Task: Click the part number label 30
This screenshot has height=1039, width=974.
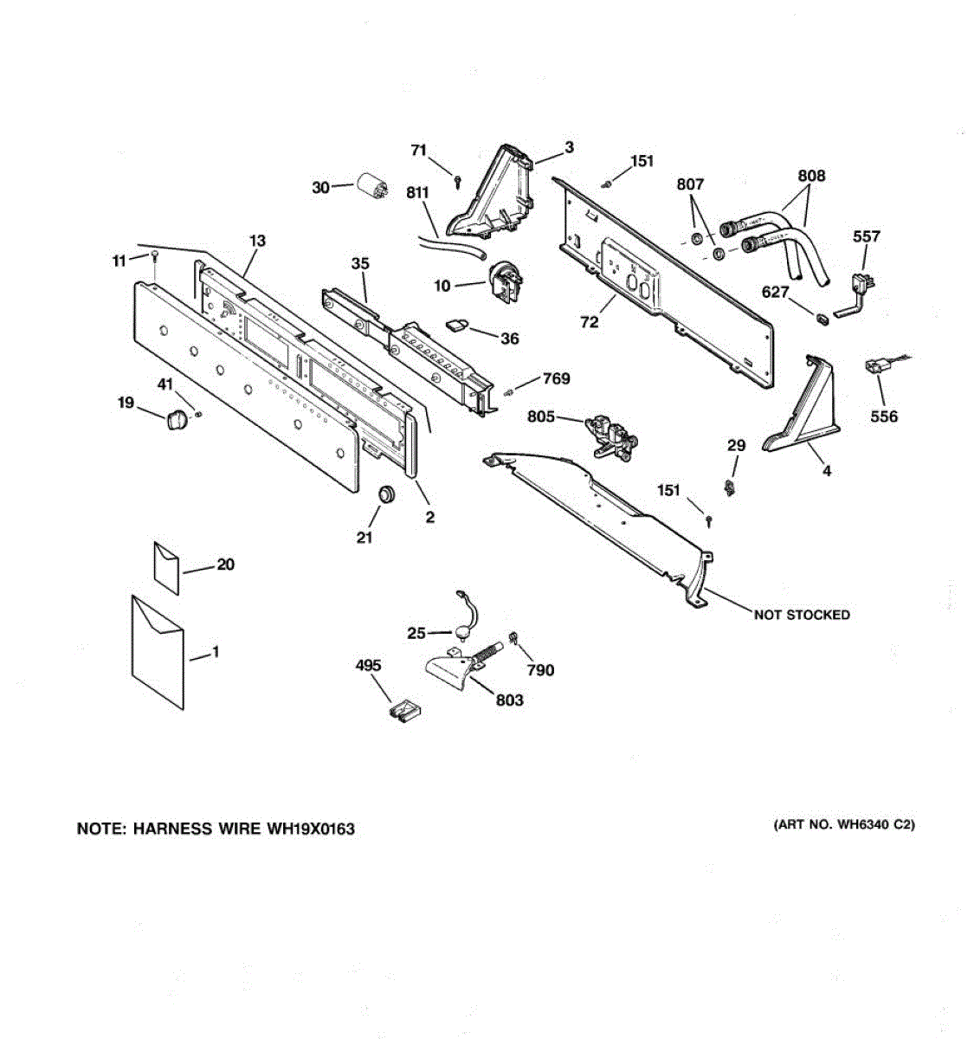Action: pos(320,187)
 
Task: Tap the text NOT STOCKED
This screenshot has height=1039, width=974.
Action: pos(801,615)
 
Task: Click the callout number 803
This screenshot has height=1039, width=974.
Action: pos(509,700)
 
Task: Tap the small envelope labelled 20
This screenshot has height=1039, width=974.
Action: pos(166,567)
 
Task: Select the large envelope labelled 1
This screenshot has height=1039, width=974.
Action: pos(158,650)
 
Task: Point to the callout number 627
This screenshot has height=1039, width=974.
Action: pos(776,292)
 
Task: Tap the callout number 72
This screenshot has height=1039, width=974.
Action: pos(589,322)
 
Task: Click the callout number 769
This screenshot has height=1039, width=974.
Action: pos(557,378)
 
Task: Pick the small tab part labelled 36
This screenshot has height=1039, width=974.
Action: pos(457,325)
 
